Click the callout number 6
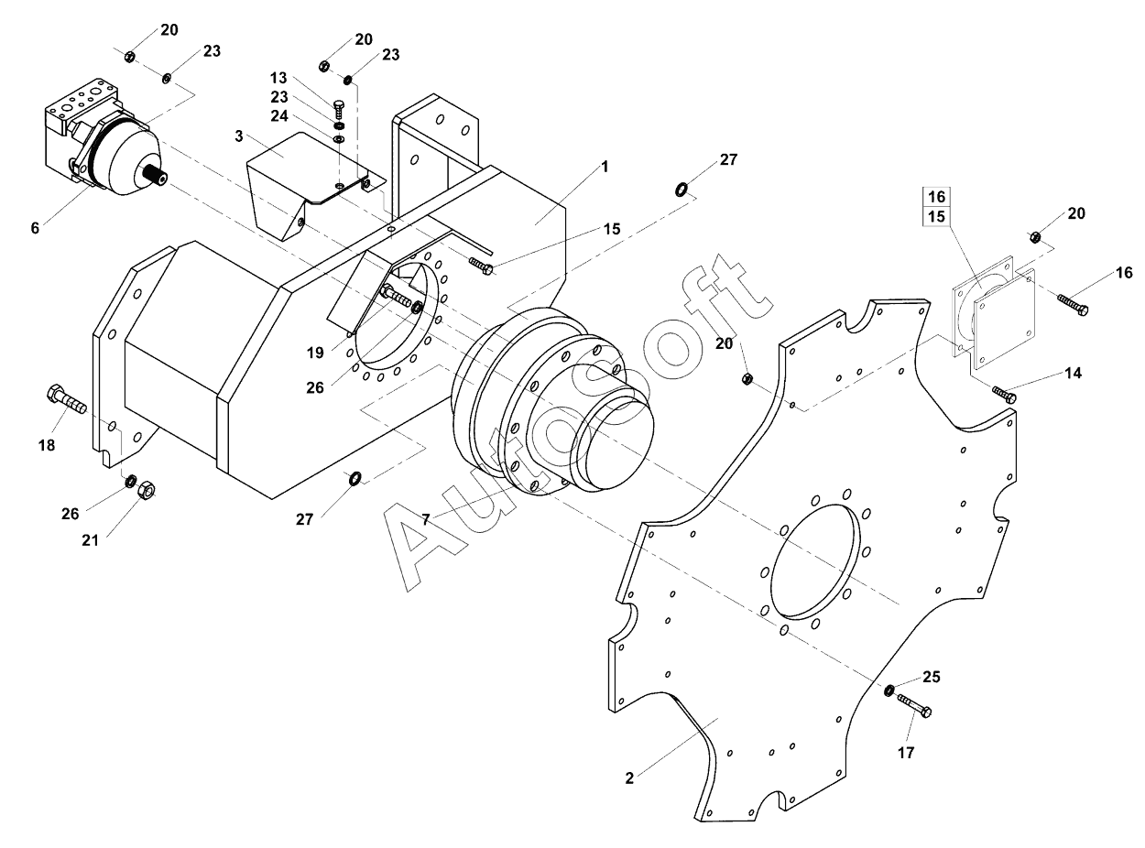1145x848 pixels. coord(35,228)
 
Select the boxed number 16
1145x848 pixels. coord(936,197)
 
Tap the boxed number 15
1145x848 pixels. coord(936,216)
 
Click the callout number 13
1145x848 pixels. coord(278,78)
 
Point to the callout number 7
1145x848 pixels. coord(425,520)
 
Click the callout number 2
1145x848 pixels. coord(629,778)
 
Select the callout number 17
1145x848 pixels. coord(906,753)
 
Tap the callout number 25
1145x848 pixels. coord(932,677)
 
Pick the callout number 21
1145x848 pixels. coord(90,540)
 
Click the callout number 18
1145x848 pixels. coord(47,445)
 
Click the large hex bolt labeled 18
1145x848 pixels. coord(66,399)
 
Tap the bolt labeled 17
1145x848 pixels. coord(914,705)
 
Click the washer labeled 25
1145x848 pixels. coord(889,690)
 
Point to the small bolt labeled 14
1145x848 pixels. coord(1004,395)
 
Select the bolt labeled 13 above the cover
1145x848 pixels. coord(339,109)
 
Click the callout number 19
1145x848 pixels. coord(315,353)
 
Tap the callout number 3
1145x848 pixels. coord(238,136)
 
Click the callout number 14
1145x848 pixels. coord(1074,373)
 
